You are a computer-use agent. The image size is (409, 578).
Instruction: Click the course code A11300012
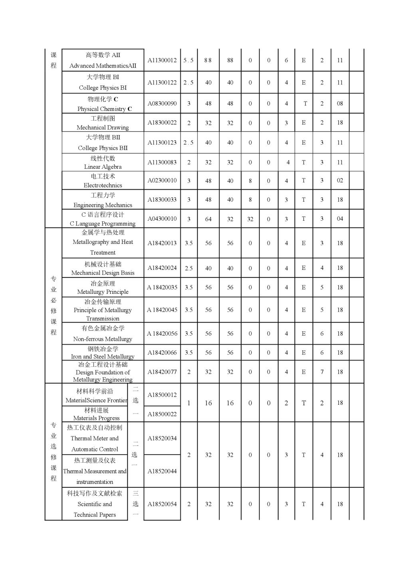(x=162, y=60)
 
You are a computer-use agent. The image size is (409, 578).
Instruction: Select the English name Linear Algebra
(x=103, y=167)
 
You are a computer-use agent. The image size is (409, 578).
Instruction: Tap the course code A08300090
(x=162, y=103)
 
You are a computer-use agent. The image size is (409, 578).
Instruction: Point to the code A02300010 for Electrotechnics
(x=162, y=180)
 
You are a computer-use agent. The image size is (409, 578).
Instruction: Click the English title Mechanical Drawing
(x=103, y=128)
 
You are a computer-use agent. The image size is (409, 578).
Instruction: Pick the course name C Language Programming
(x=103, y=224)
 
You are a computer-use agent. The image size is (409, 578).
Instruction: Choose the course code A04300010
(x=162, y=219)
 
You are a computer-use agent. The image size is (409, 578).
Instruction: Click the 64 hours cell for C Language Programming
(x=208, y=219)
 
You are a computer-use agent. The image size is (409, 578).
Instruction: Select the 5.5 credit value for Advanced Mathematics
(x=189, y=60)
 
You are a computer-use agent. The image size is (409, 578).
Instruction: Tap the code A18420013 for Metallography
(x=162, y=243)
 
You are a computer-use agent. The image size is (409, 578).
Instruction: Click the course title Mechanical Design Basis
(x=103, y=273)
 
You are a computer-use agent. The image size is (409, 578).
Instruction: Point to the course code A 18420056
(x=162, y=334)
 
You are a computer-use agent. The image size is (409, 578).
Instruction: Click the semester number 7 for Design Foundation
(x=322, y=372)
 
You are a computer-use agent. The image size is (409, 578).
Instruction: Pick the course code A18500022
(x=162, y=414)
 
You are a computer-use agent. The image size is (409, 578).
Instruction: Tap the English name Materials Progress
(x=96, y=418)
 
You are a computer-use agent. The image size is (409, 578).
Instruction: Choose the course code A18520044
(x=162, y=471)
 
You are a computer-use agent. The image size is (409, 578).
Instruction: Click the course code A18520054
(x=162, y=504)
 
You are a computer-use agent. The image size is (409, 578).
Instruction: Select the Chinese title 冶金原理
(x=103, y=283)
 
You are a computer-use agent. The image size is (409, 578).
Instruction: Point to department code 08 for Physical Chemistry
(x=340, y=103)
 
